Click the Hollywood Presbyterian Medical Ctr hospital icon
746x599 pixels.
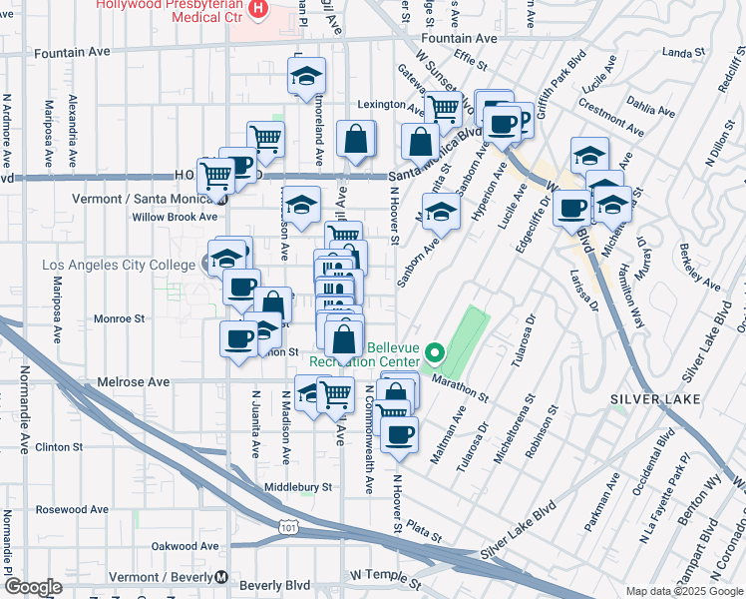point(259,10)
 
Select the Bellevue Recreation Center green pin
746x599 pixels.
point(434,352)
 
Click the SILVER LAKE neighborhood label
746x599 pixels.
point(650,399)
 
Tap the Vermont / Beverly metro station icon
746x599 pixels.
point(220,578)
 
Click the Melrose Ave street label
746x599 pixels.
point(133,382)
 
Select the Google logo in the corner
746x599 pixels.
point(33,587)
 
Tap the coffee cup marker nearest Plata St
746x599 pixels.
point(399,434)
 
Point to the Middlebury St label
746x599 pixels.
point(296,487)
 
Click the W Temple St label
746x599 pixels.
point(386,576)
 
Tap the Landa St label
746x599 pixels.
point(683,53)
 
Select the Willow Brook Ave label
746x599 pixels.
point(175,217)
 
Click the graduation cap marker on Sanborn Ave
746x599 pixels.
point(441,211)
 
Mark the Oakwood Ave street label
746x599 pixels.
point(185,546)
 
